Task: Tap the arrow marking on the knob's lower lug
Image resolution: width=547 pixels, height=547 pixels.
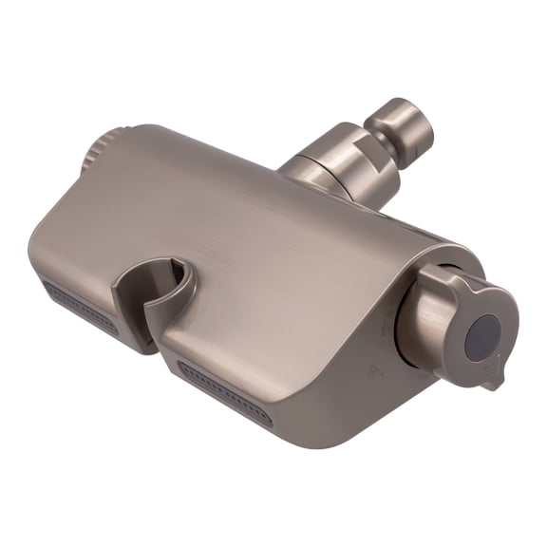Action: (x=488, y=374)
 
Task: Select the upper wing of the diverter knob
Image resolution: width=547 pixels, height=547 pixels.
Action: (x=453, y=282)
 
